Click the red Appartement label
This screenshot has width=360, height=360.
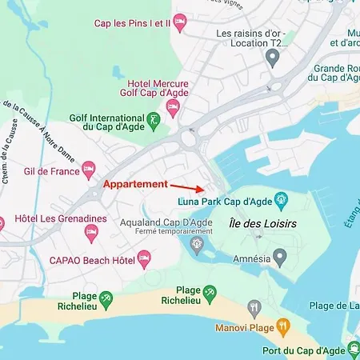(134, 184)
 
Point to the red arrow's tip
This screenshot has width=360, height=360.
(202, 192)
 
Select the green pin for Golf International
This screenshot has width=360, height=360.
(154, 119)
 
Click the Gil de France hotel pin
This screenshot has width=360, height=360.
(89, 170)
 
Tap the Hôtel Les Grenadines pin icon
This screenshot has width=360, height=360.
(92, 232)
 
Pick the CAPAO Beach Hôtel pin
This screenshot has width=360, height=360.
(144, 258)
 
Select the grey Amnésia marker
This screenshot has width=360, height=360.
(279, 257)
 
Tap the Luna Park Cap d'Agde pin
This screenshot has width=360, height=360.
(281, 199)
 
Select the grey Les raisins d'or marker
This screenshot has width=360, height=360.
(273, 57)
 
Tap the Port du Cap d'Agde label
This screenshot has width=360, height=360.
(305, 350)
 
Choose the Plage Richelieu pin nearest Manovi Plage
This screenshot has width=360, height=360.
(210, 292)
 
